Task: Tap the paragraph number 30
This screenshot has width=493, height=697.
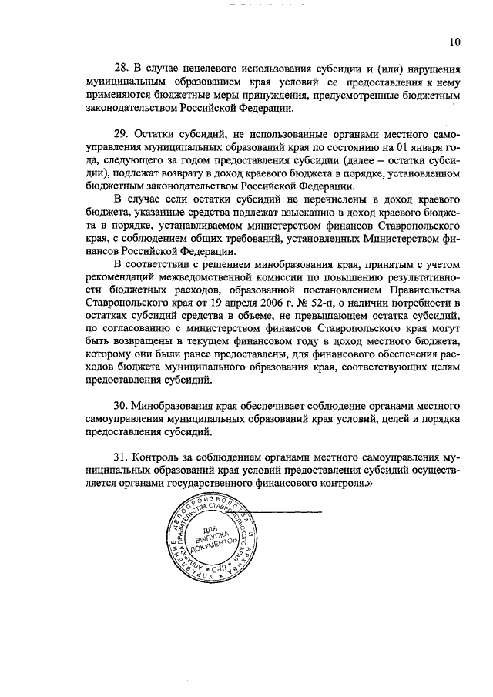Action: (x=120, y=404)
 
